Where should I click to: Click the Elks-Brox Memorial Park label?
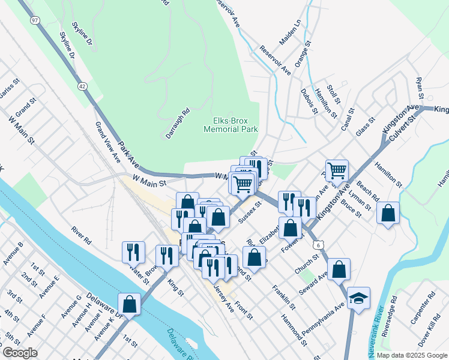click(x=231, y=124)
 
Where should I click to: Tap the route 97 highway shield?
click(x=35, y=20)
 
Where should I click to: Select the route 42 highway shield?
click(x=82, y=86)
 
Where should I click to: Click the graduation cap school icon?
click(x=358, y=298)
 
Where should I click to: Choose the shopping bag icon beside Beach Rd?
click(x=388, y=212)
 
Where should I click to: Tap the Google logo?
click(x=20, y=353)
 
